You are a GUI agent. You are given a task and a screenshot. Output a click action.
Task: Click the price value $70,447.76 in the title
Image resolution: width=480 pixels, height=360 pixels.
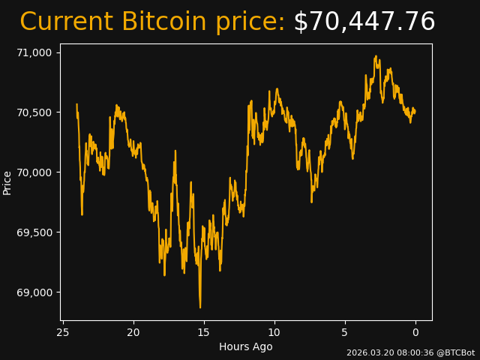pyautogui.click(x=364, y=22)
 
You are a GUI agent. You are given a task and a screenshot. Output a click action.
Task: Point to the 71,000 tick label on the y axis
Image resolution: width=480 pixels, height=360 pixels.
pyautogui.click(x=34, y=52)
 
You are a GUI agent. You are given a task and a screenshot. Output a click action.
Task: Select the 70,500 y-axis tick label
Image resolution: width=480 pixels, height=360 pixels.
pyautogui.click(x=34, y=112)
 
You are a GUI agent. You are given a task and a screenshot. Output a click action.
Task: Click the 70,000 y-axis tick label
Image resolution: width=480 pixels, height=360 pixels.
pyautogui.click(x=34, y=172)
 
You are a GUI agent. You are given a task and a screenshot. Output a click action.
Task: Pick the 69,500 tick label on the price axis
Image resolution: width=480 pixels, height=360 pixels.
pyautogui.click(x=34, y=232)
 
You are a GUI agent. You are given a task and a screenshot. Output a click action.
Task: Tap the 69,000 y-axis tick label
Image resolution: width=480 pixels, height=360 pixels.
pyautogui.click(x=34, y=292)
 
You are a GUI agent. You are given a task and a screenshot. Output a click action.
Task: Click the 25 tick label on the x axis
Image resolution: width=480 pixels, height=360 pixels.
pyautogui.click(x=63, y=332)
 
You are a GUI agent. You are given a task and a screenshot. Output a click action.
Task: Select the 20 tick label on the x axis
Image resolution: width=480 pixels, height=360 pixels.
pyautogui.click(x=133, y=332)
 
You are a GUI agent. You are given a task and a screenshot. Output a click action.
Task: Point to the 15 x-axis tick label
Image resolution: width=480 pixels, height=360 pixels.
pyautogui.click(x=204, y=332)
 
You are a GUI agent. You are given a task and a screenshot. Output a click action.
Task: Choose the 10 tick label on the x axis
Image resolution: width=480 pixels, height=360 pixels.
pyautogui.click(x=274, y=332)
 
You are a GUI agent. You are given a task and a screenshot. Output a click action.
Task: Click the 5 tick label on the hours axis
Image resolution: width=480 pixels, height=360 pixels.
pyautogui.click(x=345, y=332)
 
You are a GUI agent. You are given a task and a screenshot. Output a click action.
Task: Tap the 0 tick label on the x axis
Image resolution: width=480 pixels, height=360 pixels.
pyautogui.click(x=415, y=332)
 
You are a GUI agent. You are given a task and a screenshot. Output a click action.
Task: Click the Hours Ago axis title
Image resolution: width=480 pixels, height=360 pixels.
pyautogui.click(x=245, y=346)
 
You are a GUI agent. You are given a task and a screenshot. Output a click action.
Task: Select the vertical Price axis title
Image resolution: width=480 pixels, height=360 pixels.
pyautogui.click(x=7, y=182)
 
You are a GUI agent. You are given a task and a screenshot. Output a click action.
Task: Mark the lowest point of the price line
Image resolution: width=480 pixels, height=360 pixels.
pyautogui.click(x=200, y=307)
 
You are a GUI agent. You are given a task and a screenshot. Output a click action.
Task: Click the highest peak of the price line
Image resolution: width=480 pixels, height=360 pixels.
pyautogui.click(x=376, y=55)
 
